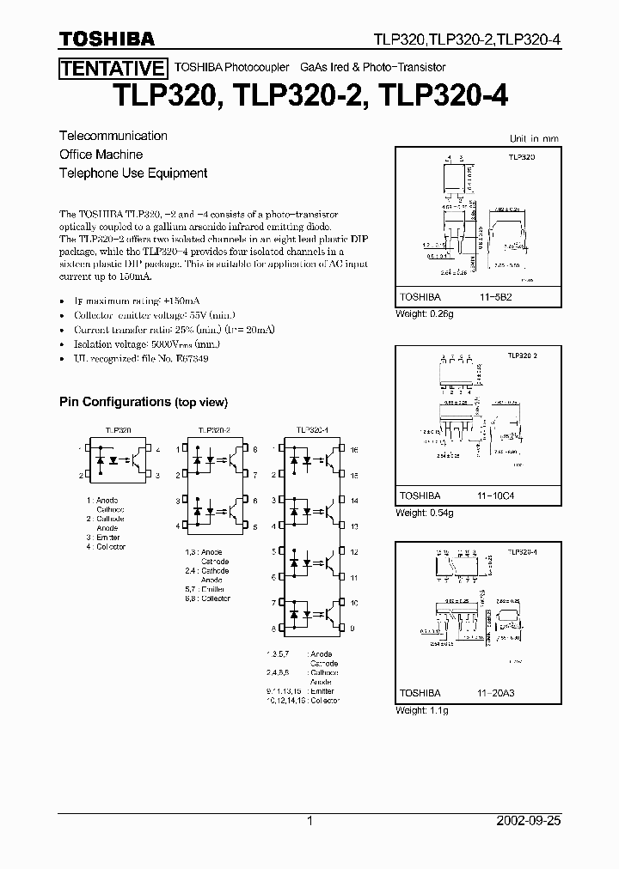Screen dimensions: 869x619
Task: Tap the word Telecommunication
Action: (x=113, y=136)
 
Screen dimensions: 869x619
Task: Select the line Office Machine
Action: (x=101, y=155)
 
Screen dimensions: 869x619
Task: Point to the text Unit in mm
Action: (x=534, y=138)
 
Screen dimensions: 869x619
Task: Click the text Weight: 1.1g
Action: (x=422, y=710)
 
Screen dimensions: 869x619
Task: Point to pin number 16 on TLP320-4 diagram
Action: (x=354, y=450)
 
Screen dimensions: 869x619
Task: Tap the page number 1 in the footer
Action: (x=309, y=821)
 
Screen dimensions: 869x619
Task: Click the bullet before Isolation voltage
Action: (x=64, y=343)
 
